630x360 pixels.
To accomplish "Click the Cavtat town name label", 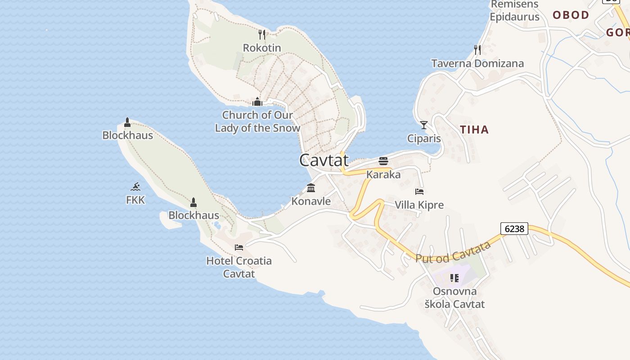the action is coord(324,160).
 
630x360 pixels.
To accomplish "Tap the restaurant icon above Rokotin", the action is coord(262,34).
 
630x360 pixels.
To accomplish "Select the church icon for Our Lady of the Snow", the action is coord(257,102).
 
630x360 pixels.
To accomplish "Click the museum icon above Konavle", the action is coord(311,188).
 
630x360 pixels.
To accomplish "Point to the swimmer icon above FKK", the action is coord(135,186).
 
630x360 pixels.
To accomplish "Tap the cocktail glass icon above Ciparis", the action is coord(423,125).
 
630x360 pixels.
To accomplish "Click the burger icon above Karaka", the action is coord(383,161).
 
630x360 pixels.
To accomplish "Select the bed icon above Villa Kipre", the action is coord(419,192).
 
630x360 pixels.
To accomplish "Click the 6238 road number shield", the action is coord(514,229).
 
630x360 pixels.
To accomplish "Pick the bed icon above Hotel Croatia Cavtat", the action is coord(239,247).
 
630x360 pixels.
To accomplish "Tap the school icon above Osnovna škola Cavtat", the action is coord(454,278).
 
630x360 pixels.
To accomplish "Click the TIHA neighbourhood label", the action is coord(474,130).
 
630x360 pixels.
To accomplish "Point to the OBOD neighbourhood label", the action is coord(571,15).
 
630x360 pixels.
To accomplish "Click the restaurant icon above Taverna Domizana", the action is coord(477,49).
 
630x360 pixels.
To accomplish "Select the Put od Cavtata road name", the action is coord(453,252).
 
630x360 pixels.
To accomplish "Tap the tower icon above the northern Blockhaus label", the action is coord(127,122).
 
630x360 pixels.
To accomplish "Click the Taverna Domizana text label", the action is coord(477,63).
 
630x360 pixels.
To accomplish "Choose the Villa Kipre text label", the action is coord(419,205).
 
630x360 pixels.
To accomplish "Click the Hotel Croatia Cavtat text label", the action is coord(239,267).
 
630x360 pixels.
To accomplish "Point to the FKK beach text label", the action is coord(135,200).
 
